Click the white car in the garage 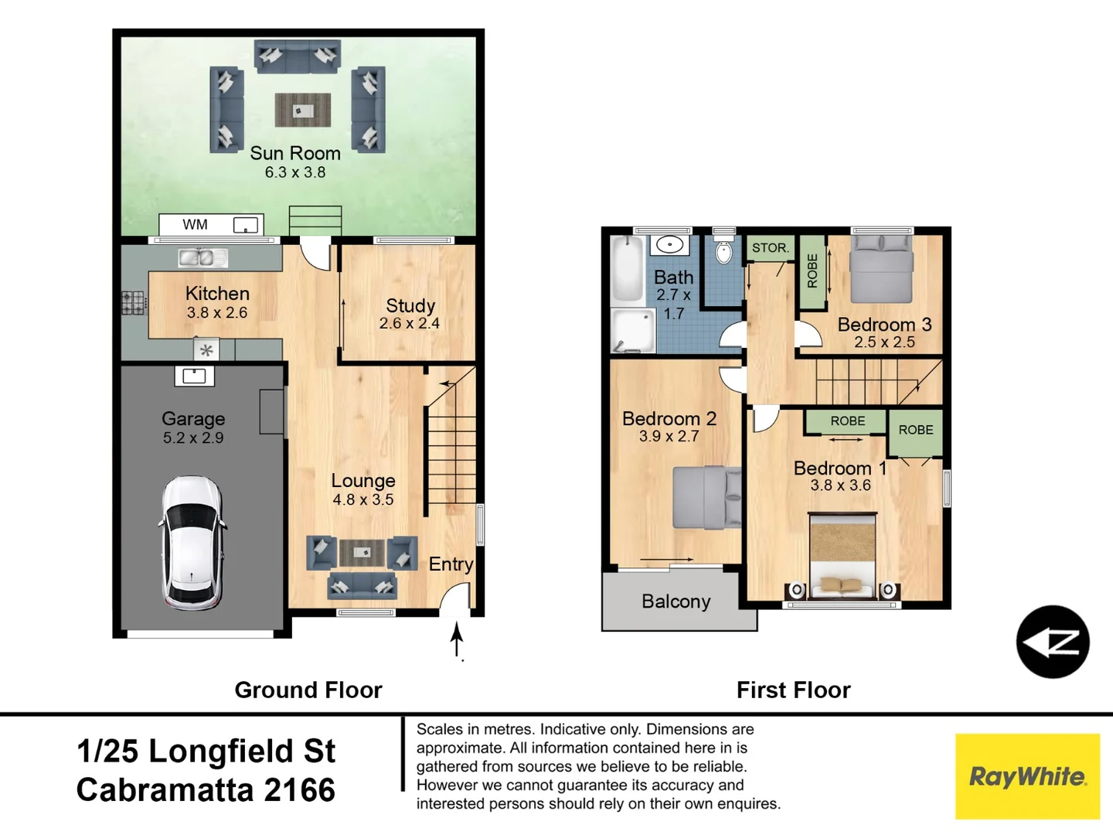pyautogui.click(x=192, y=543)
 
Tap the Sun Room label pyautogui.click(x=294, y=153)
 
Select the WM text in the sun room pyautogui.click(x=195, y=224)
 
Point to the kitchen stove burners pyautogui.click(x=133, y=302)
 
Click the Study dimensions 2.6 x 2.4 pyautogui.click(x=409, y=323)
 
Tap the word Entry pyautogui.click(x=451, y=564)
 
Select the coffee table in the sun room pyautogui.click(x=302, y=110)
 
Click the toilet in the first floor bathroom pyautogui.click(x=724, y=252)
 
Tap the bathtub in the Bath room pyautogui.click(x=628, y=269)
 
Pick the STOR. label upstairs pyautogui.click(x=771, y=247)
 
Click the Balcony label pyautogui.click(x=676, y=602)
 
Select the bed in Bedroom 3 pyautogui.click(x=881, y=270)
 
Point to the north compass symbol pyautogui.click(x=1052, y=642)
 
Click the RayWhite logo pyautogui.click(x=1027, y=776)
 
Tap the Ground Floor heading pyautogui.click(x=308, y=690)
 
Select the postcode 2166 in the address pyautogui.click(x=300, y=790)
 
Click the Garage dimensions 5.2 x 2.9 pyautogui.click(x=193, y=438)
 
